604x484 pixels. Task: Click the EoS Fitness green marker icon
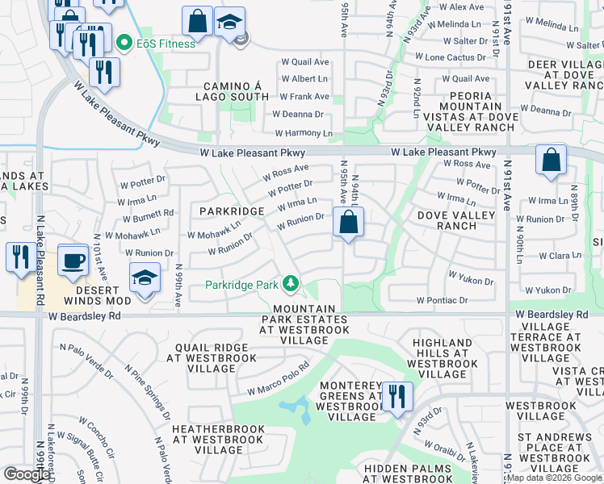tap(124, 43)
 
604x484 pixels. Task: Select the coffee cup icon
tap(73, 260)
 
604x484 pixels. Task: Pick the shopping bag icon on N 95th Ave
tap(348, 222)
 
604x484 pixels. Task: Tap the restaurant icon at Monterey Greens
tap(397, 397)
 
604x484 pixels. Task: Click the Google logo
tap(27, 474)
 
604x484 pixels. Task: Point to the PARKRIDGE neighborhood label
tap(232, 211)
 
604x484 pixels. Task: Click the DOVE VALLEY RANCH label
tap(455, 221)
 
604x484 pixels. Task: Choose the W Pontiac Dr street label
tap(442, 300)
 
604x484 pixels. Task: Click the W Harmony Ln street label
tap(303, 133)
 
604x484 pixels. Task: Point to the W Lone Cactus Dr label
tap(451, 58)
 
